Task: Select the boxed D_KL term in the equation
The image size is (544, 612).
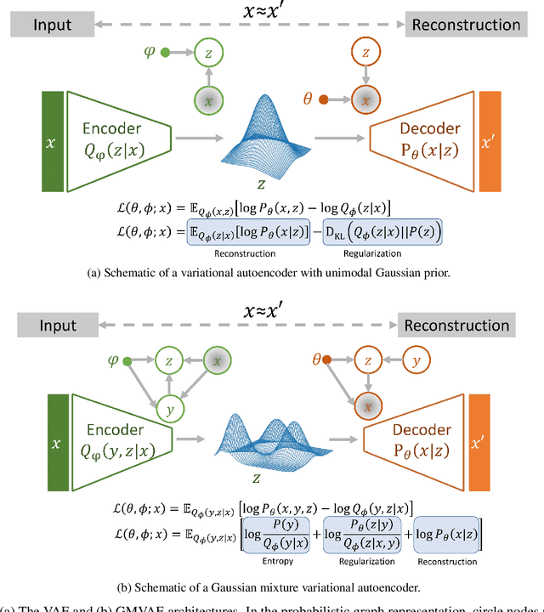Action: click(x=386, y=232)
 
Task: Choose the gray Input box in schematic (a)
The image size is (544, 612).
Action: click(x=53, y=25)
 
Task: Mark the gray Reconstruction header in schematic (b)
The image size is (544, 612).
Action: click(x=457, y=326)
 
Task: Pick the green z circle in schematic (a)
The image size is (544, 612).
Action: click(x=207, y=54)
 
